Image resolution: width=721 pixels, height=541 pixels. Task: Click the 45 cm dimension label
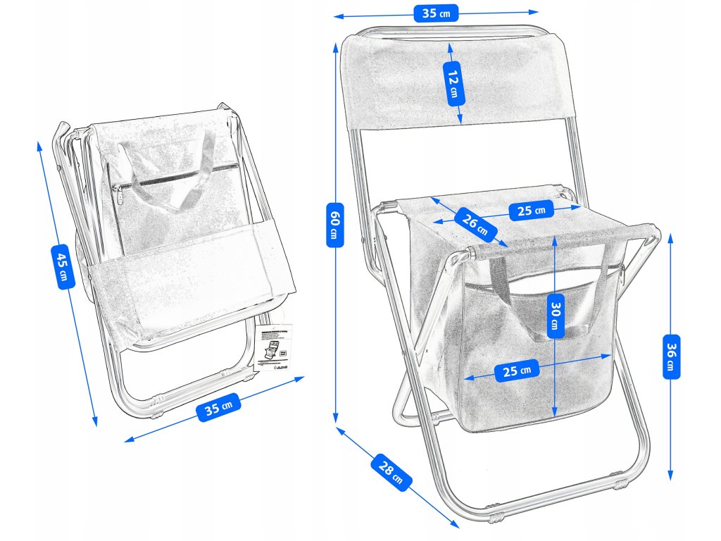click(62, 266)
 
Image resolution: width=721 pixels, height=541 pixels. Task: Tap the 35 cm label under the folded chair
click(219, 406)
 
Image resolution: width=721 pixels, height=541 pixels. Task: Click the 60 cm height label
click(335, 224)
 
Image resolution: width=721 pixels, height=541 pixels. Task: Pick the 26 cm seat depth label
click(475, 223)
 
